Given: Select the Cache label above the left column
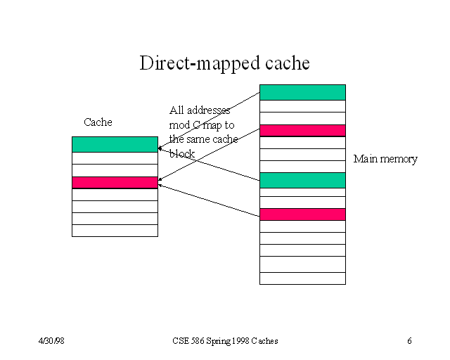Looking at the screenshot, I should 98,122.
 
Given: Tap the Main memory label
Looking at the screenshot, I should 385,159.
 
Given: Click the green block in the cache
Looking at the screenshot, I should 115,144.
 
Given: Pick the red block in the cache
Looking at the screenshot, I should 115,182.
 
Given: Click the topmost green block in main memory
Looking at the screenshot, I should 302,92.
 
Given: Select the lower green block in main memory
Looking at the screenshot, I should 302,180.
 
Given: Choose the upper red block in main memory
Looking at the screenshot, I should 302,130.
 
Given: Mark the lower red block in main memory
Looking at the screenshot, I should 302,214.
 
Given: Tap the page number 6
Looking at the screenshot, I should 409,341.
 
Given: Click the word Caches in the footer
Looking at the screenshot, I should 264,341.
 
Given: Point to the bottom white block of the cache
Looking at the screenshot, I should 115,231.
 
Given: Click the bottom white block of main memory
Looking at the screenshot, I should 302,278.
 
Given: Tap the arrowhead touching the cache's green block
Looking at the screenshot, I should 160,148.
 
